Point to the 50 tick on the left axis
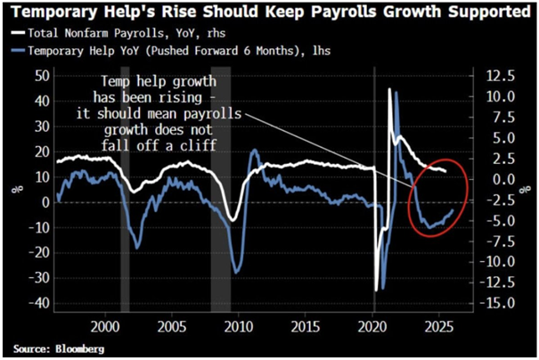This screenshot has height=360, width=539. click(39, 77)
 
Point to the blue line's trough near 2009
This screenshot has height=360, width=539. click(236, 272)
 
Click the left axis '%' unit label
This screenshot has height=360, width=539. click(12, 188)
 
